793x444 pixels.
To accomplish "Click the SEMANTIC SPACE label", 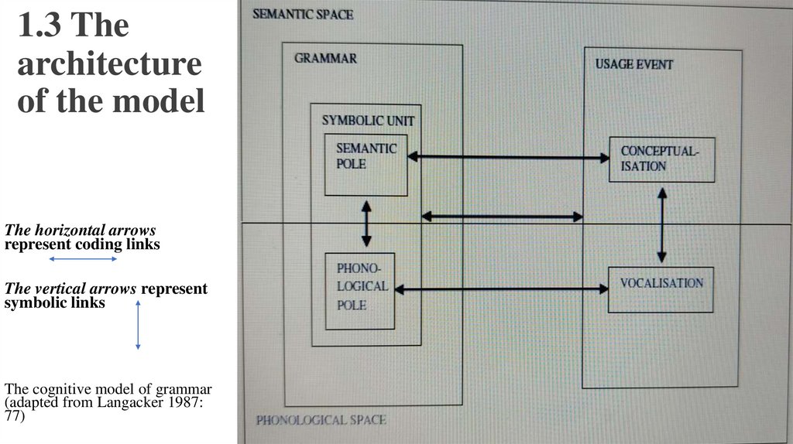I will coord(303,15).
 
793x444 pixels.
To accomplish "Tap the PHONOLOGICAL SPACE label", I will coord(321,420).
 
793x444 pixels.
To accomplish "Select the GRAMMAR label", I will coord(325,58).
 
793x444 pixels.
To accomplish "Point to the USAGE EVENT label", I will coord(633,64).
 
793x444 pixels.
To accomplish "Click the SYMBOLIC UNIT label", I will coord(368,121).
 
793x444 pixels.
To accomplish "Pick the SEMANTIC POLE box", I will coord(366,164).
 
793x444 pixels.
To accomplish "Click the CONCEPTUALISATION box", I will coord(661,159).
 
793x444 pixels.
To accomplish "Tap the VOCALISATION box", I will coord(661,289).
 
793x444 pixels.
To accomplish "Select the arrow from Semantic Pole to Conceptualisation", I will coord(508,158).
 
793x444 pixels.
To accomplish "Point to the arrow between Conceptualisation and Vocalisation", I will coord(661,224).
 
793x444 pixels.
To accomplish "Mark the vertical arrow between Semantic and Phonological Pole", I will coord(366,224).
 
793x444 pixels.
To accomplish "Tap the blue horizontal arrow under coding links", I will coord(82,258).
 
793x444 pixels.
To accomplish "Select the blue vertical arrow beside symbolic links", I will coord(138,325).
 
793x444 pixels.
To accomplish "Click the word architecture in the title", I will coord(109,64).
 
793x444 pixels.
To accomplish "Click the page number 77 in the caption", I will coord(14,416).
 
